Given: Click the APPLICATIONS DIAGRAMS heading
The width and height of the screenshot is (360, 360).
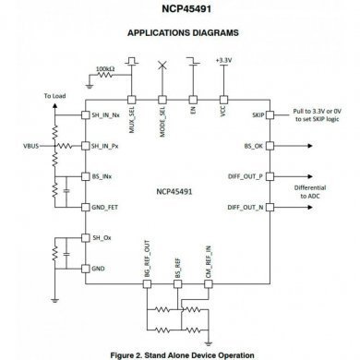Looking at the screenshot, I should click(x=180, y=35).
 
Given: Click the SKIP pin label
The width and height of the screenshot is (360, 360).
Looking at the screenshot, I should click(x=258, y=116).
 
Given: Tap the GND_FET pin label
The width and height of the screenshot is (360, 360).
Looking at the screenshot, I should click(x=103, y=208).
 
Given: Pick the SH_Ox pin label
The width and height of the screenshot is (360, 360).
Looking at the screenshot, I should click(x=101, y=238).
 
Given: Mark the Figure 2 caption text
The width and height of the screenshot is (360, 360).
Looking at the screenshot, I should click(x=180, y=352).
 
